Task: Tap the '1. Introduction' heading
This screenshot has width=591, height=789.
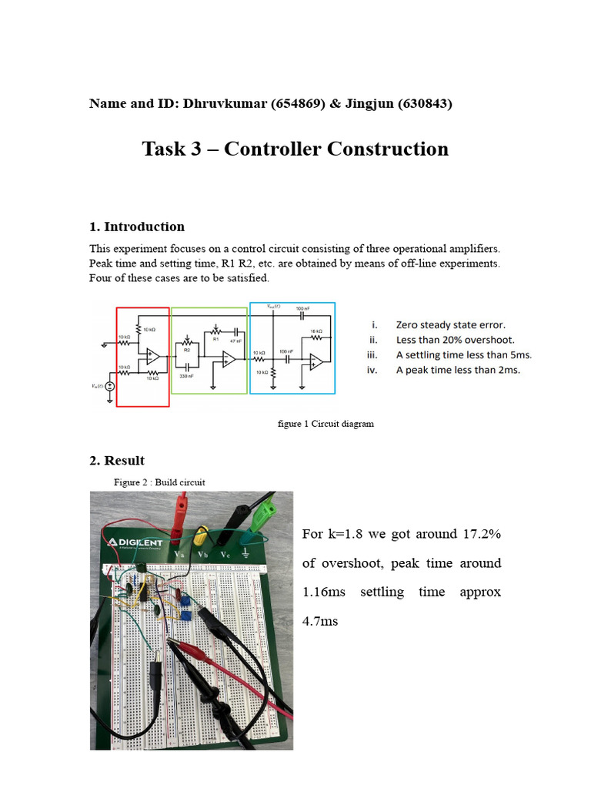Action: (x=136, y=227)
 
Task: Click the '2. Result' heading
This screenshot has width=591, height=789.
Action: (x=116, y=461)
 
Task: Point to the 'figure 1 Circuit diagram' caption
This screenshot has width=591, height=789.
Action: (x=326, y=424)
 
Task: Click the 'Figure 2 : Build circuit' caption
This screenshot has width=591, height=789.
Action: (x=159, y=482)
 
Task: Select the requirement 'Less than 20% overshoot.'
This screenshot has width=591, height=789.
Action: (x=455, y=340)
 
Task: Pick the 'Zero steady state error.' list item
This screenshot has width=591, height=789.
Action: (x=450, y=325)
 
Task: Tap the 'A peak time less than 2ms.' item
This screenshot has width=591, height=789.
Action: (x=457, y=370)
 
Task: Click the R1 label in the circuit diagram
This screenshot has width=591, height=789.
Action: (x=216, y=338)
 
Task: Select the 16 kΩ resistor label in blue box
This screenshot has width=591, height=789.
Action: (x=314, y=333)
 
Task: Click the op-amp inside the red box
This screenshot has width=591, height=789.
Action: (x=152, y=356)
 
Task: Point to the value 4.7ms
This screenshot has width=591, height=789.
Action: (x=319, y=621)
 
